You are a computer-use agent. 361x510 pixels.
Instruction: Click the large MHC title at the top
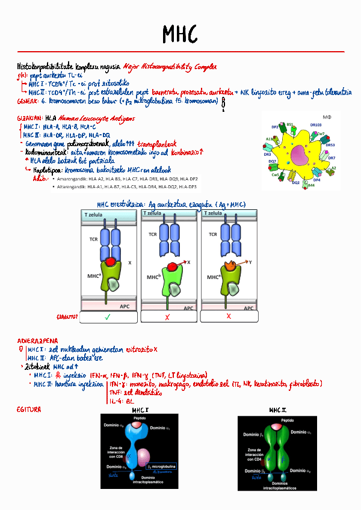coord(179,34)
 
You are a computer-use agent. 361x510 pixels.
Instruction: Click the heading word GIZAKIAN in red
coord(29,118)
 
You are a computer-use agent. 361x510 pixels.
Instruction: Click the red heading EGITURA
coord(28,410)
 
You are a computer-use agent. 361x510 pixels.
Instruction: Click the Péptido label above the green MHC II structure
coord(288,420)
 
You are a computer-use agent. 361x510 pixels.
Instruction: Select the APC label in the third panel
coord(245,307)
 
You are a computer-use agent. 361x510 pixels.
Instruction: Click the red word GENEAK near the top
coord(26,101)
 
